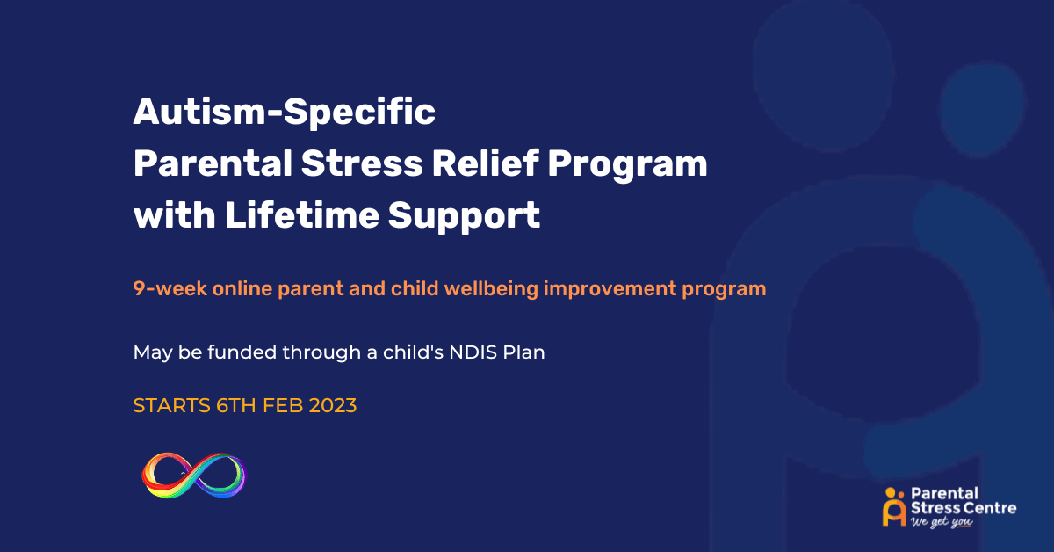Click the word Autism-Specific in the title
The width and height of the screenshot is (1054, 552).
click(285, 113)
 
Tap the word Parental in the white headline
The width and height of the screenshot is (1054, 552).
click(213, 163)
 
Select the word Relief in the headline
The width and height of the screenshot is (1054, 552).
click(485, 163)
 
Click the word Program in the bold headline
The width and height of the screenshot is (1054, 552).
click(627, 166)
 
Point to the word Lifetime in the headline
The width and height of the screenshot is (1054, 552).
click(301, 215)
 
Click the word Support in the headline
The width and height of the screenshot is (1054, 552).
click(464, 216)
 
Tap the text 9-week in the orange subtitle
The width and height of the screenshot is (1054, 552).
click(170, 288)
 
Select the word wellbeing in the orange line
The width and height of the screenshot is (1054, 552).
click(491, 289)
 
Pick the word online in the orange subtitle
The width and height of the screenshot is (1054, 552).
click(242, 288)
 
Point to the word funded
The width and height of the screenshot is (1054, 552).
click(242, 352)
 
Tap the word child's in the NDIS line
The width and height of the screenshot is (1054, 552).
click(413, 352)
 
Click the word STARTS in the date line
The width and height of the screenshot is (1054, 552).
click(172, 405)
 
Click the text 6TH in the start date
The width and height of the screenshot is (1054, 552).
click(236, 405)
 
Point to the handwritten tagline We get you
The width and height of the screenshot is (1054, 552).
click(942, 522)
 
